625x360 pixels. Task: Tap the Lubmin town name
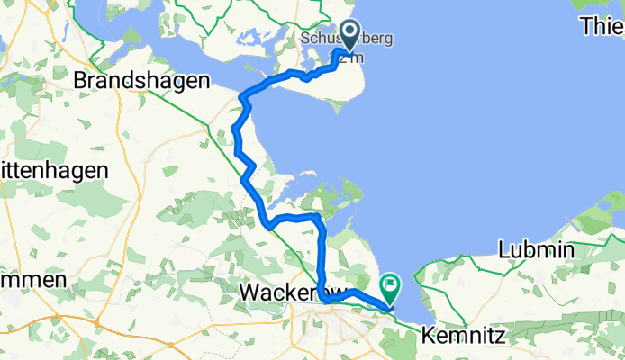[536, 249]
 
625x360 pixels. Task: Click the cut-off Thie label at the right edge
[602, 26]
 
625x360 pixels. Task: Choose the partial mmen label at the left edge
[33, 279]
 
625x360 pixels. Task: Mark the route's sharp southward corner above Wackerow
[320, 219]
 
